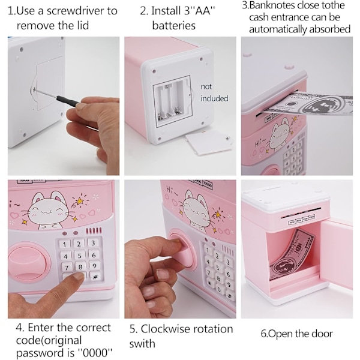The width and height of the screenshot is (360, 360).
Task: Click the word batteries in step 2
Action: pyautogui.click(x=173, y=25)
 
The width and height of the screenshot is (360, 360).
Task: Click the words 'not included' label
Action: pyautogui.click(x=214, y=92)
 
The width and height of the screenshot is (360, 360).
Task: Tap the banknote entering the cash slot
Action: pyautogui.click(x=308, y=103)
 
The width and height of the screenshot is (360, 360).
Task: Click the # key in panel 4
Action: pyautogui.click(x=95, y=277)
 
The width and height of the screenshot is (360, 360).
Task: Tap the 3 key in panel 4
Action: pyautogui.click(x=93, y=243)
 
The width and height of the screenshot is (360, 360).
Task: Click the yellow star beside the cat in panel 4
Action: pyautogui.click(x=80, y=201)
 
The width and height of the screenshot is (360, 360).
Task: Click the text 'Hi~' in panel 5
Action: pyautogui.click(x=172, y=190)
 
